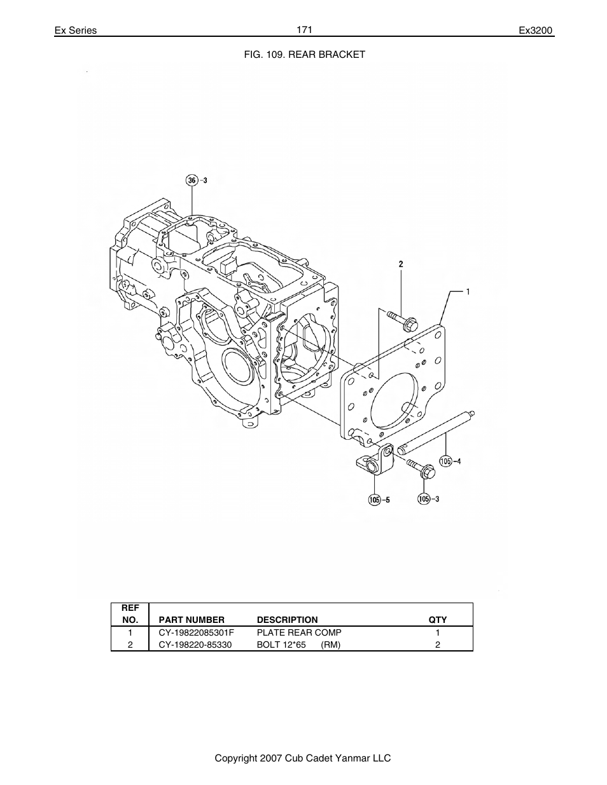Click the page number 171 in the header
tap(303, 30)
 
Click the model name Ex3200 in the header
tap(536, 31)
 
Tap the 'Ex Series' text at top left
tap(75, 31)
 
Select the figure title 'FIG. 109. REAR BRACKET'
tap(305, 55)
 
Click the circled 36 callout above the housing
tap(192, 181)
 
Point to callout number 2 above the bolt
tap(401, 263)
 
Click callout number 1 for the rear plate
tap(468, 292)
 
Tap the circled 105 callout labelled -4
tap(446, 461)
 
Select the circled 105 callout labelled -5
tap(375, 500)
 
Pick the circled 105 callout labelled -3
tap(424, 499)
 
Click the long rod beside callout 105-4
tap(438, 432)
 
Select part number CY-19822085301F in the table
tap(196, 632)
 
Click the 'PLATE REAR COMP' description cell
tap(299, 632)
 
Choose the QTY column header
tap(437, 620)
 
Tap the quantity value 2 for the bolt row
tap(438, 645)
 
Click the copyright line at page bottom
tap(302, 758)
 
